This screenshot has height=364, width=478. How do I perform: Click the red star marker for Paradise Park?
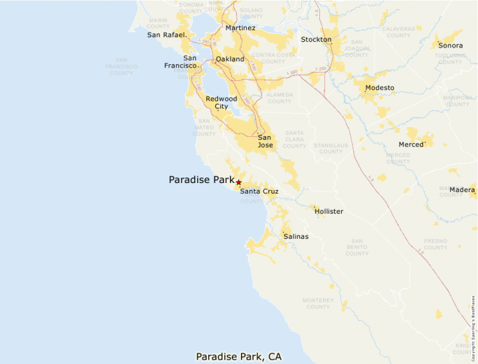point(238,182)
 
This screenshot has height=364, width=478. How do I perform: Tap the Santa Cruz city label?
point(259,191)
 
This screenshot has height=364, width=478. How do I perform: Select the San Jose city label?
point(266,141)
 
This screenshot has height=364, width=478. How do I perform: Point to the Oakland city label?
point(230,59)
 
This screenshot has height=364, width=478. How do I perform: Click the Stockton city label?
point(316,40)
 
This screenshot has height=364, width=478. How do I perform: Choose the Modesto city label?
point(379,88)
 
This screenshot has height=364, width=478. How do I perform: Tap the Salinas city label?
point(296,237)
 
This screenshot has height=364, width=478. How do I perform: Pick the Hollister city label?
point(328,211)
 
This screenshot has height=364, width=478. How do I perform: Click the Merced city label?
point(412,144)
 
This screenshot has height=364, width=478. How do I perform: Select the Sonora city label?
point(450,45)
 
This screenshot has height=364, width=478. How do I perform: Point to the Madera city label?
point(462,190)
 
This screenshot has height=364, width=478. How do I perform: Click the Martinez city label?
point(240,28)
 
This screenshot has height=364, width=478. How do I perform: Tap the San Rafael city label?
point(166,34)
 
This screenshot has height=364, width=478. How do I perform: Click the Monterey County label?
point(318,303)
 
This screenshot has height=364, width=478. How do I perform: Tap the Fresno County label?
point(435,244)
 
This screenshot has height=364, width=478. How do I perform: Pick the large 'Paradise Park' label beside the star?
point(201,180)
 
